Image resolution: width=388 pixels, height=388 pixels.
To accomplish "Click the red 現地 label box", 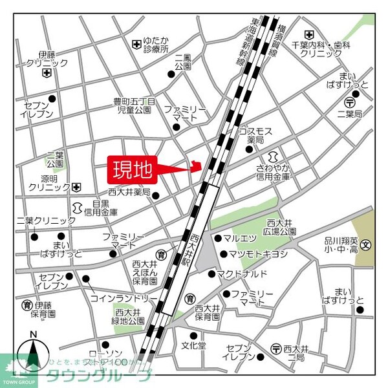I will pyautogui.click(x=133, y=169).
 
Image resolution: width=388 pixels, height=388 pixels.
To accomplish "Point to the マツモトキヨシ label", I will pyautogui.click(x=258, y=254).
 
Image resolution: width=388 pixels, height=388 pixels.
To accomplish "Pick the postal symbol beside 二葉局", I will pyautogui.click(x=349, y=102).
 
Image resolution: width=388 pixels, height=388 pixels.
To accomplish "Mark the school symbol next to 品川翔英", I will pyautogui.click(x=366, y=245).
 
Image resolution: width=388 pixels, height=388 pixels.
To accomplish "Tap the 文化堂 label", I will pyautogui.click(x=193, y=345).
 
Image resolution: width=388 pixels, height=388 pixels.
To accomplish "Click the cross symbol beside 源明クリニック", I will pyautogui.click(x=77, y=187).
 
